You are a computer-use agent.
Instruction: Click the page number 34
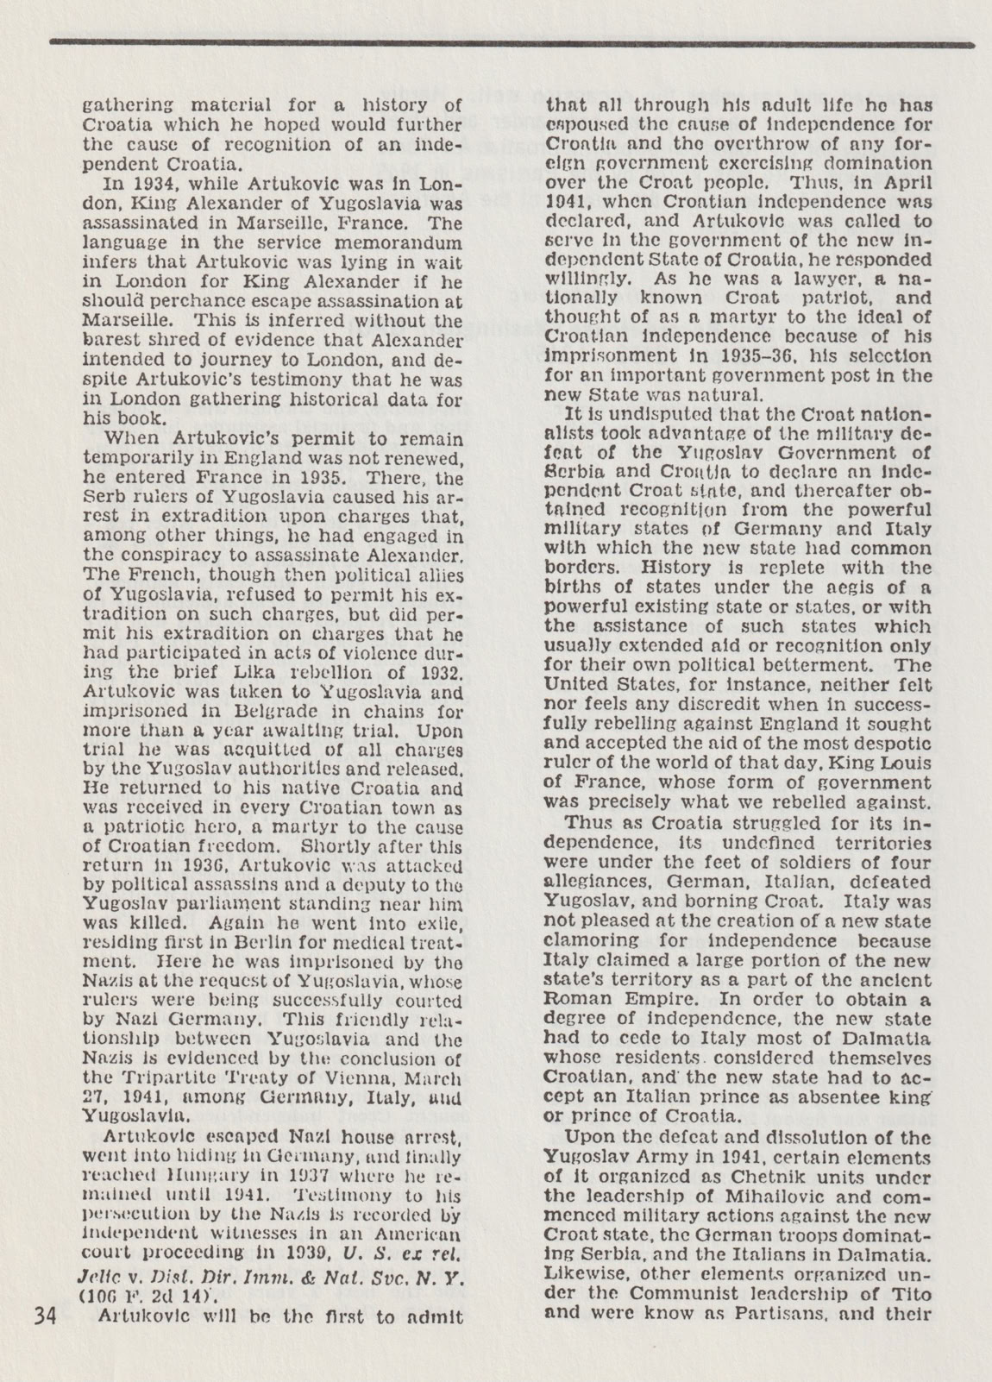(x=44, y=1316)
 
